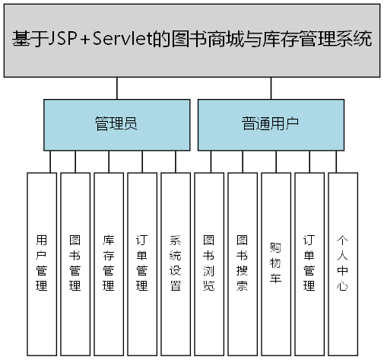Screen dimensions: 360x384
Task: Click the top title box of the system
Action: pyautogui.click(x=192, y=40)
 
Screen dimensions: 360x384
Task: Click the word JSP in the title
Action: pyautogui.click(x=71, y=39)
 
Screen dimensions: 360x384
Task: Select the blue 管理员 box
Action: pyautogui.click(x=116, y=124)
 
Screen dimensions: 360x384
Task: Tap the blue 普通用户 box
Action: pyautogui.click(x=271, y=124)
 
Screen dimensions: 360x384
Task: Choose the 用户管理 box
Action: pyautogui.click(x=42, y=263)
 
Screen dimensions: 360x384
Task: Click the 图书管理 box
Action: pyautogui.click(x=75, y=263)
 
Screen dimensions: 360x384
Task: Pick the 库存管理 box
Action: pyautogui.click(x=109, y=263)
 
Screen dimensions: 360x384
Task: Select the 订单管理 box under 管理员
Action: pyautogui.click(x=142, y=263)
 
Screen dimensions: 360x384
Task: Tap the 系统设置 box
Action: pyautogui.click(x=176, y=263)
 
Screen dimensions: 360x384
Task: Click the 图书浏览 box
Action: pyautogui.click(x=209, y=263)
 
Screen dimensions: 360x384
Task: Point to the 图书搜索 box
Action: pyautogui.click(x=243, y=263)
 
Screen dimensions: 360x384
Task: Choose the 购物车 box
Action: pyautogui.click(x=276, y=263)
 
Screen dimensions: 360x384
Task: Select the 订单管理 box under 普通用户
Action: pyautogui.click(x=309, y=263)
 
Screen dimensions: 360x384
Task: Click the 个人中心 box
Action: pyautogui.click(x=343, y=263)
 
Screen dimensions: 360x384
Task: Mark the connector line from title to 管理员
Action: pyautogui.click(x=116, y=88)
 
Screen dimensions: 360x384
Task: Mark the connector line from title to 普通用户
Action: pyautogui.click(x=271, y=88)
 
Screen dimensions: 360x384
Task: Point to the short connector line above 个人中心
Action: pyautogui.click(x=337, y=161)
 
